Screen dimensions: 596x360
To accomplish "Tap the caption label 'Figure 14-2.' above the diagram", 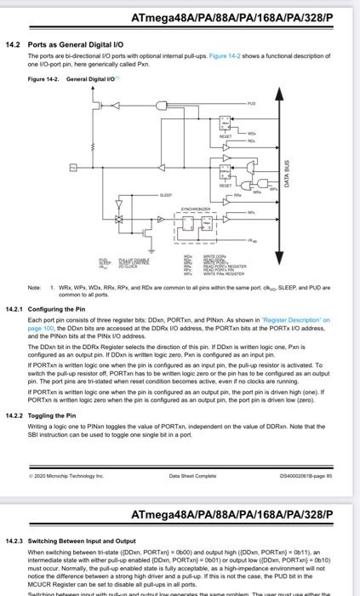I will coord(43,77).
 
